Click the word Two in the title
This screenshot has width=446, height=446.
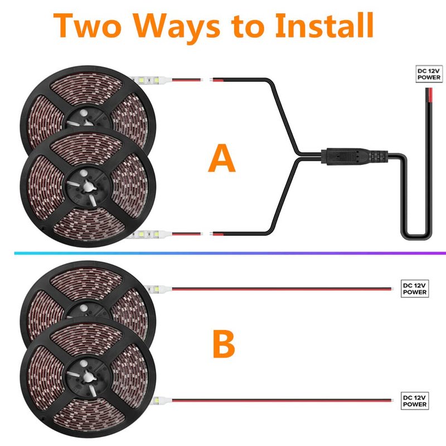point(88,25)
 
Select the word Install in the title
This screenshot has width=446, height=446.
point(324,25)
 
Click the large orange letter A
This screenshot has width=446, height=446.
point(222,158)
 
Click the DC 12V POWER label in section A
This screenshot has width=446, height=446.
point(429,74)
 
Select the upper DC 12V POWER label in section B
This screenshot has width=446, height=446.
point(415,289)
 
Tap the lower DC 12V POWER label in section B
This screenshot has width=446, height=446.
point(415,401)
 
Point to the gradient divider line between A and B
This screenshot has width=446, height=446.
point(230,253)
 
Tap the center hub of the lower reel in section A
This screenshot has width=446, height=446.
point(87,186)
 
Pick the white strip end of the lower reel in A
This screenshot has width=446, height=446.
point(151,234)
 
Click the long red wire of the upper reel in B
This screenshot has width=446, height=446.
point(282,289)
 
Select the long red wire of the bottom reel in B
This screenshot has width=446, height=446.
point(282,400)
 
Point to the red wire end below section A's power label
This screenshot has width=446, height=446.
point(429,94)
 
